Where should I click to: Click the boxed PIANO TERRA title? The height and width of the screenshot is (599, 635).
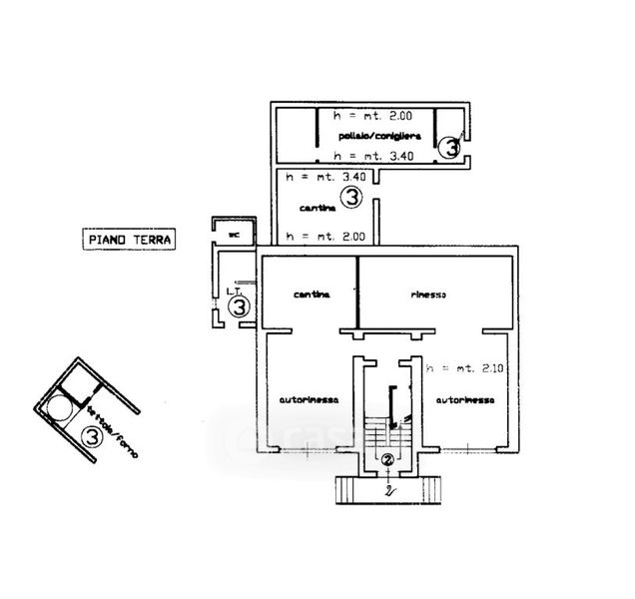(x=127, y=240)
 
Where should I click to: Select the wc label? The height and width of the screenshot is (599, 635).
(x=234, y=235)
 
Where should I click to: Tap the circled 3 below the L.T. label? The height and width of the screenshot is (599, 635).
(x=239, y=307)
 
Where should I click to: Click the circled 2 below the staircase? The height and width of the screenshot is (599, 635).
(x=386, y=460)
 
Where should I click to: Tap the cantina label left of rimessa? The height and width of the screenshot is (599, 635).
(x=311, y=296)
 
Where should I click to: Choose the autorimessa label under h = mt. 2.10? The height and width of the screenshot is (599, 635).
(x=463, y=399)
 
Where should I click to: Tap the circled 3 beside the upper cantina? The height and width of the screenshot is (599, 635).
(x=350, y=198)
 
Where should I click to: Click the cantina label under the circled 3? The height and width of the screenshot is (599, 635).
(x=318, y=208)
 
